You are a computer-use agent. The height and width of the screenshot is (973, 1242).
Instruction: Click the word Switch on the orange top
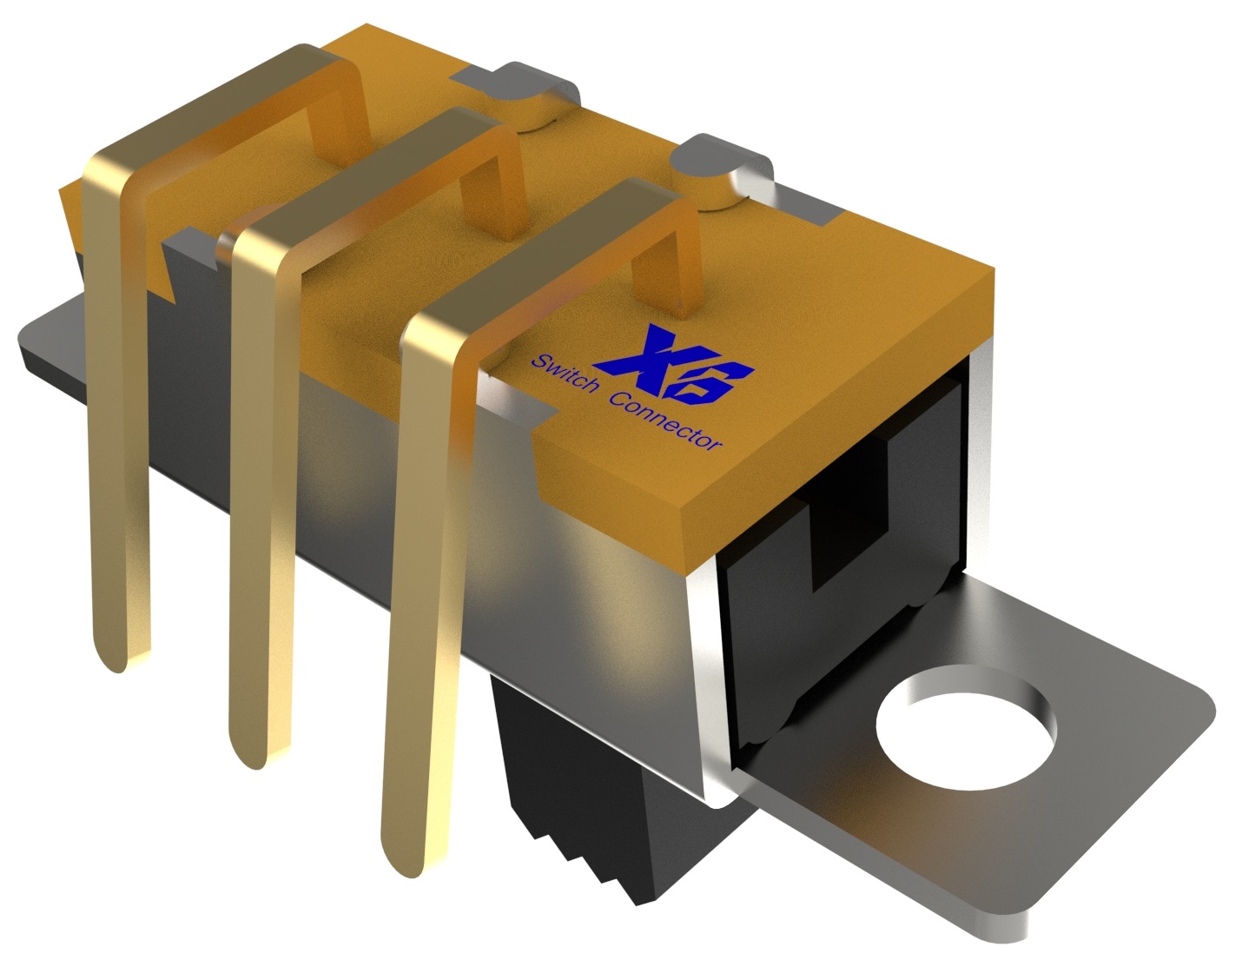[563, 374]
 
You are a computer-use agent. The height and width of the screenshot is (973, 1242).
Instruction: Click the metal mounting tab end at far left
[43, 343]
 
